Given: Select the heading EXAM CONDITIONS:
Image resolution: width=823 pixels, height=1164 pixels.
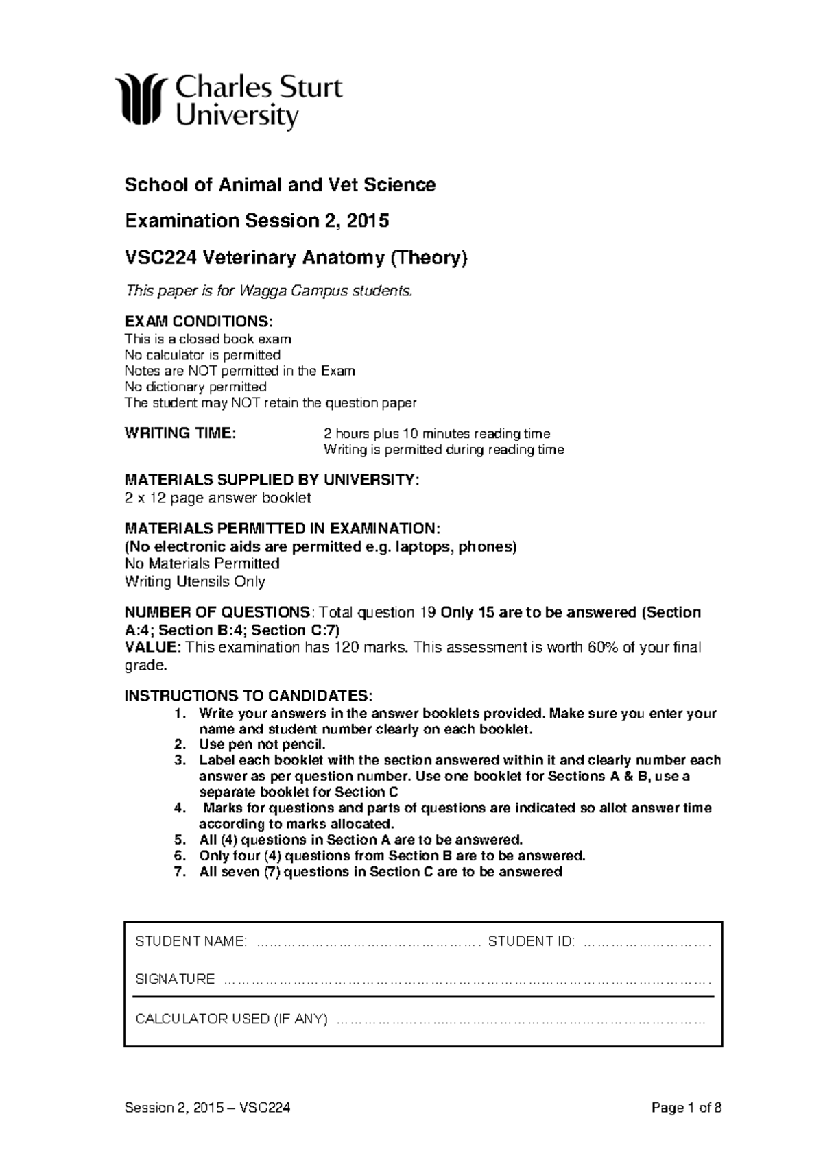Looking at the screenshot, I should [198, 322].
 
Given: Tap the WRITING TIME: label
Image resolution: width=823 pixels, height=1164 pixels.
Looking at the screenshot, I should [180, 433].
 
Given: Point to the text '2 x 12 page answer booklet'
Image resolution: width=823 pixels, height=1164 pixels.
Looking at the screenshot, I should [217, 498].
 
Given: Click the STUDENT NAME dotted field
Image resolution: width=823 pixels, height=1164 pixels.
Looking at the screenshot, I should [367, 942].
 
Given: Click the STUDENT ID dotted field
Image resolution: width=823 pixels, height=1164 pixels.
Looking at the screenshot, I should [646, 942].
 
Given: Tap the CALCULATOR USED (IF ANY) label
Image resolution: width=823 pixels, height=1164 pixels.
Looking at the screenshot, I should [231, 1019].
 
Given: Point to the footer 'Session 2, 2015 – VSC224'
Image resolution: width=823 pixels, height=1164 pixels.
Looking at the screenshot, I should [207, 1108].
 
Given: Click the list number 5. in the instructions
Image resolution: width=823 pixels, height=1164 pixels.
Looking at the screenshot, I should [180, 840].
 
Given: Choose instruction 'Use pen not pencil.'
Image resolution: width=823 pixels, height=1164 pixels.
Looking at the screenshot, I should [262, 744].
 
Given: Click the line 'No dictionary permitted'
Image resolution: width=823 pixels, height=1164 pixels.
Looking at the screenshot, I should [195, 387].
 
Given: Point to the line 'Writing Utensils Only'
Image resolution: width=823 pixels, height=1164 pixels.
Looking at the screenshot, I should [195, 581].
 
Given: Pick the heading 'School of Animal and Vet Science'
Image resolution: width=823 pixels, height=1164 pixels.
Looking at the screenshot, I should [280, 184].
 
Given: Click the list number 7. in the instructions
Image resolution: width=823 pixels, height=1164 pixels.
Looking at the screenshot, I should [180, 872].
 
